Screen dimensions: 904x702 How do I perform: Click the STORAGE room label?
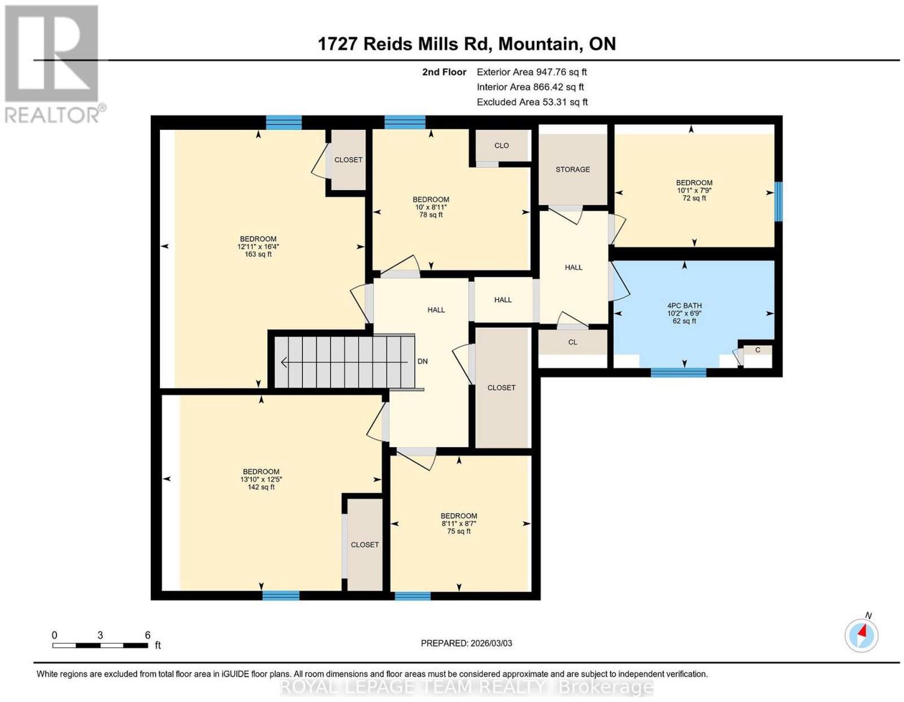pos(572,169)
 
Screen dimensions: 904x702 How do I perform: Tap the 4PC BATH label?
pos(684,306)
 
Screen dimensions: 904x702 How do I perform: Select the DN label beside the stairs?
pos(422,361)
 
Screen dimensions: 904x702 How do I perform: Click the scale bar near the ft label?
pos(100,646)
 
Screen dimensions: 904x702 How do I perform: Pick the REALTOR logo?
pos(54,64)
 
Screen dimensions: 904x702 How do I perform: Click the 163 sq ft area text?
pos(258,254)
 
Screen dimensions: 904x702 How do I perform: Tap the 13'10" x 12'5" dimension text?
pos(261,479)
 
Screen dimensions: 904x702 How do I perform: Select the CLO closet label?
pos(501,146)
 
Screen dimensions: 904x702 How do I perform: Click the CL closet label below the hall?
pos(572,342)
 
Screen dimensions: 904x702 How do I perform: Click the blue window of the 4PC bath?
pos(678,372)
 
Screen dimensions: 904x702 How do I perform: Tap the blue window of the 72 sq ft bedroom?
pos(778,201)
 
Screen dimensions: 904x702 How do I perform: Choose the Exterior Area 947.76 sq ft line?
pos(532,72)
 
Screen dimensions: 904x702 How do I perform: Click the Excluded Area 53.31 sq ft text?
pos(532,102)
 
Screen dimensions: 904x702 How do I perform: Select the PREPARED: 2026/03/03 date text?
pos(466,643)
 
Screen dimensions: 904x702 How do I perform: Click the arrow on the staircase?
pos(345,363)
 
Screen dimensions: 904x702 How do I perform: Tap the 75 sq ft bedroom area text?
pos(459,531)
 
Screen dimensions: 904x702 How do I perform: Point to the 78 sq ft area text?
pos(431,215)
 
